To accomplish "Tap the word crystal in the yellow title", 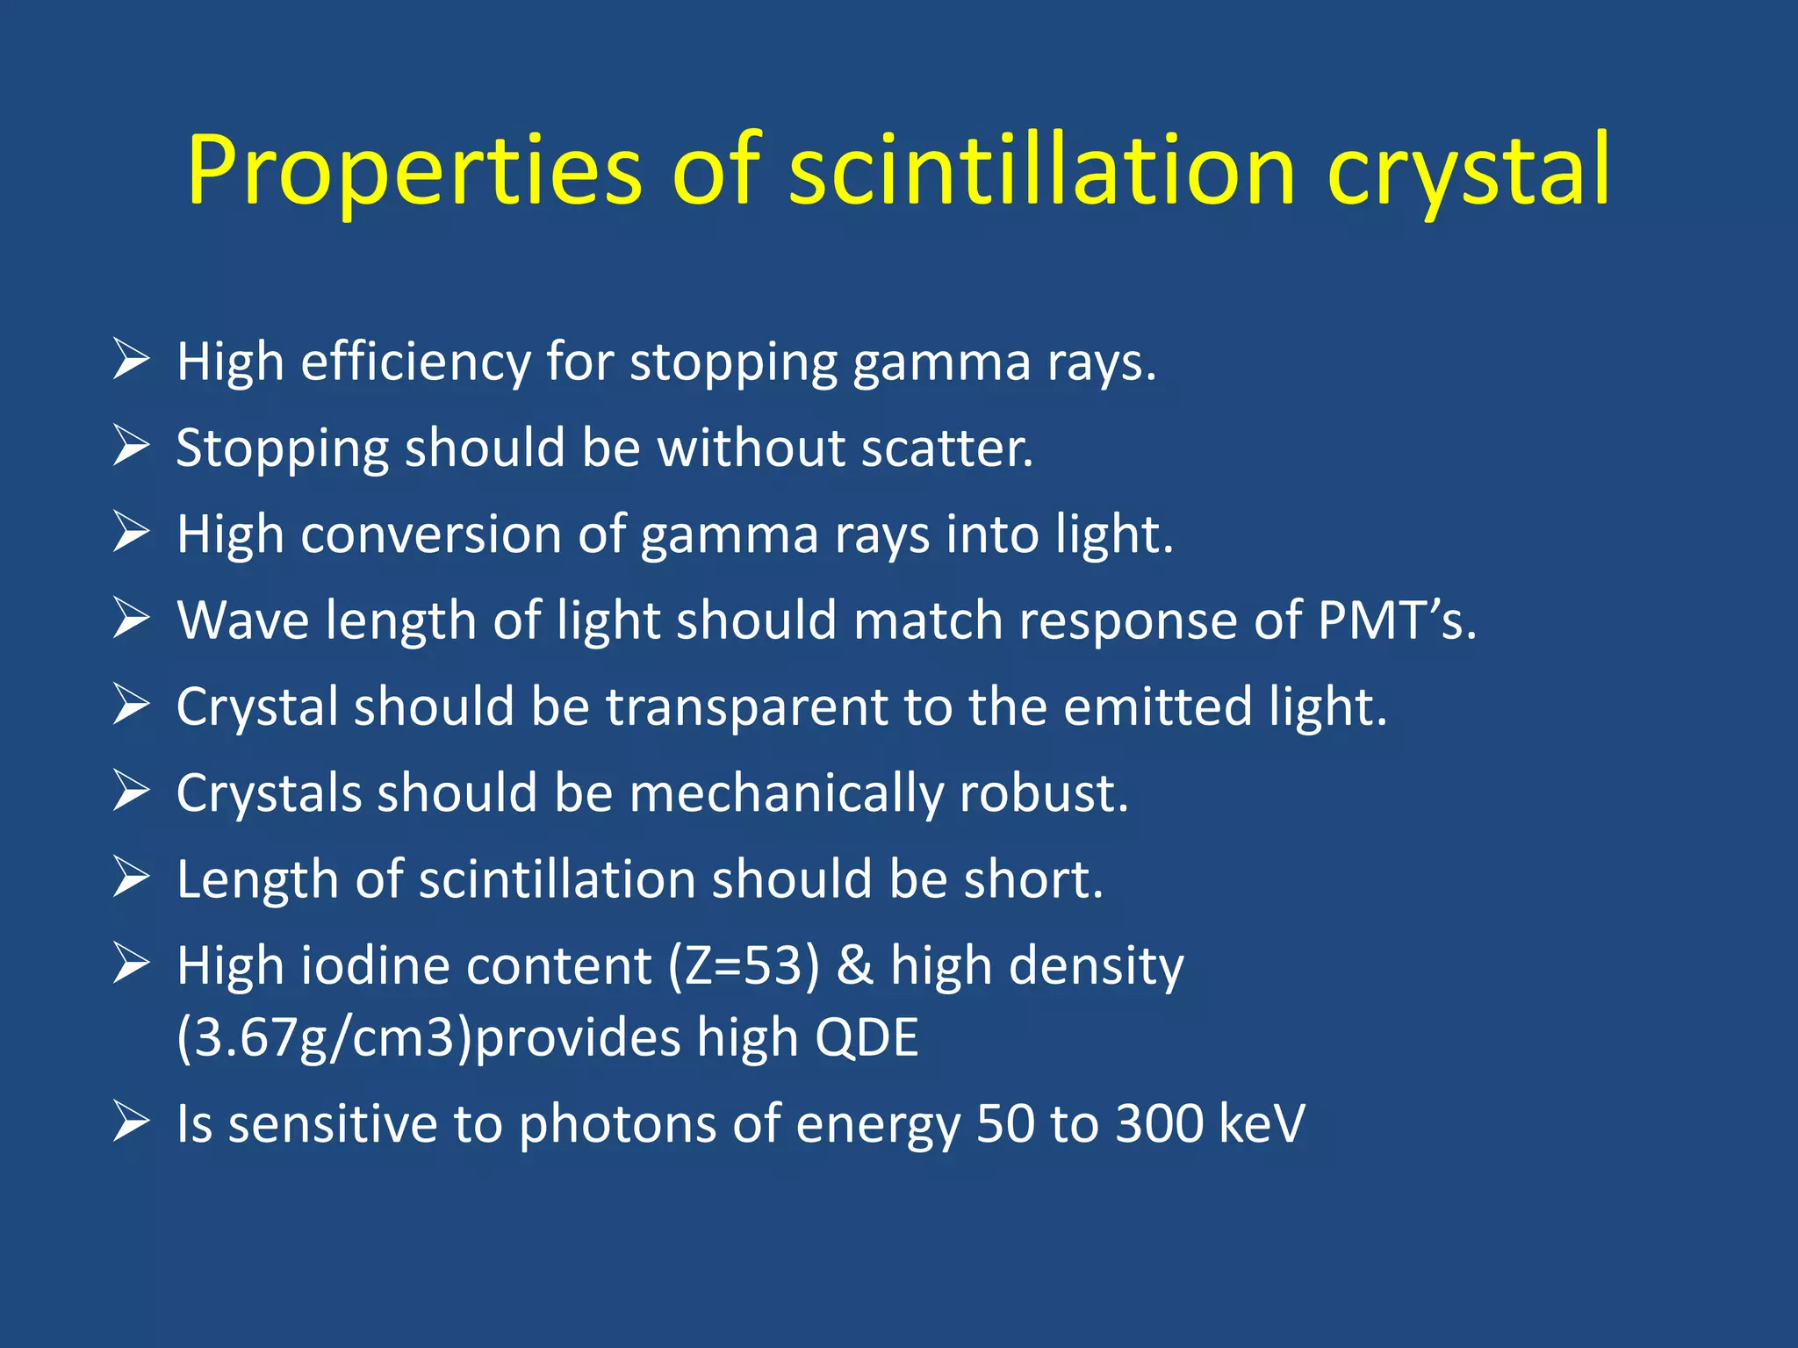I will click(x=1468, y=171).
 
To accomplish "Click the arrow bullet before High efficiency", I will click(x=131, y=360).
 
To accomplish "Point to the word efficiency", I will click(x=415, y=362).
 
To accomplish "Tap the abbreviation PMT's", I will click(x=1396, y=620).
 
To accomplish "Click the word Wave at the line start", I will click(x=243, y=620).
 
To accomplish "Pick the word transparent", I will click(x=746, y=707).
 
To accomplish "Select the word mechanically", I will click(x=786, y=793).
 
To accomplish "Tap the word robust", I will click(x=1043, y=793).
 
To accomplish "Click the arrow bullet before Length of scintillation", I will click(x=131, y=878).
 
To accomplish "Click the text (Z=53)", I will click(x=744, y=965).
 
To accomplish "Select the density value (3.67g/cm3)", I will click(x=324, y=1038).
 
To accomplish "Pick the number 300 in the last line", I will click(x=1159, y=1123).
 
